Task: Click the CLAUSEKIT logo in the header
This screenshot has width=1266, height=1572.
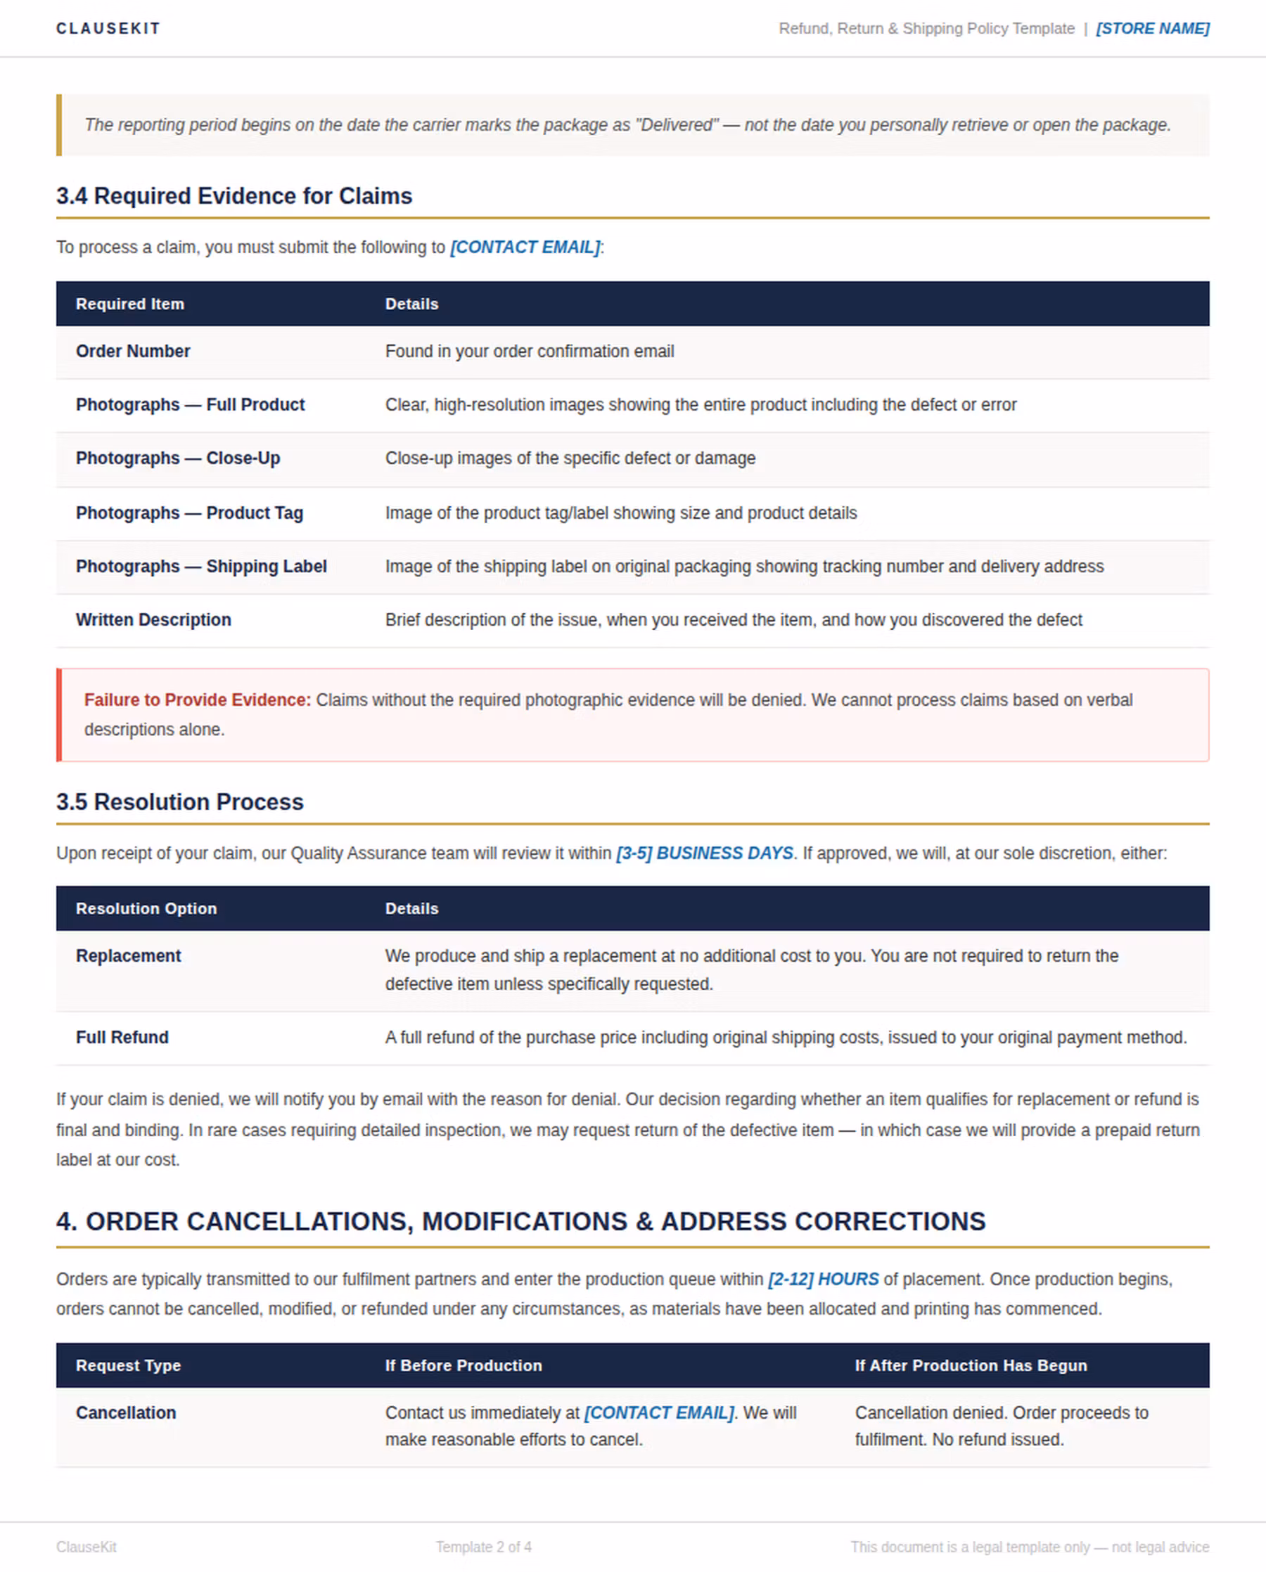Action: tap(108, 28)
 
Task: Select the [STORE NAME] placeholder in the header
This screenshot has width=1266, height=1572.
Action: tap(1152, 28)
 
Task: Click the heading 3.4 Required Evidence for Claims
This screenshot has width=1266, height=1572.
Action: tap(234, 196)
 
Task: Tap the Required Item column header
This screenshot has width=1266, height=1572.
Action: tap(130, 304)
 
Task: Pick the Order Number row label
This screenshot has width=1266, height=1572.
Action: tap(133, 352)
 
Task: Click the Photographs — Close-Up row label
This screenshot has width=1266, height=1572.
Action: tap(178, 458)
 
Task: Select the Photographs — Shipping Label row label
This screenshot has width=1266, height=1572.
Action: tap(201, 567)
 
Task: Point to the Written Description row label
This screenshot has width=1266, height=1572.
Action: tap(153, 620)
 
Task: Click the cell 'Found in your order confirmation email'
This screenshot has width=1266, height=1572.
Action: tap(530, 352)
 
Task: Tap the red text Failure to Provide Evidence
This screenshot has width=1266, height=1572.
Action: tap(197, 700)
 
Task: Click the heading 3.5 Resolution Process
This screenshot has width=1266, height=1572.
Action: tap(179, 802)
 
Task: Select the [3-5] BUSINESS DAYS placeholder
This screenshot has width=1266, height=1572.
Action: tap(705, 853)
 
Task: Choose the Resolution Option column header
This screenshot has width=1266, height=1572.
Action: tap(146, 908)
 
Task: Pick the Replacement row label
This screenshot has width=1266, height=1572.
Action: tap(128, 956)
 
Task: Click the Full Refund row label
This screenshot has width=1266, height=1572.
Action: tap(122, 1038)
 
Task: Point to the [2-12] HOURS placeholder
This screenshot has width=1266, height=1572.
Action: tap(824, 1279)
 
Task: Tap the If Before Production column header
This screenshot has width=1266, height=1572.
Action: tap(463, 1365)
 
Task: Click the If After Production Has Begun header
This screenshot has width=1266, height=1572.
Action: tap(971, 1365)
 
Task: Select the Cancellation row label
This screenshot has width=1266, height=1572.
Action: tap(125, 1413)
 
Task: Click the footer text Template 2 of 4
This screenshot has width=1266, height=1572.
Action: tap(483, 1547)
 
